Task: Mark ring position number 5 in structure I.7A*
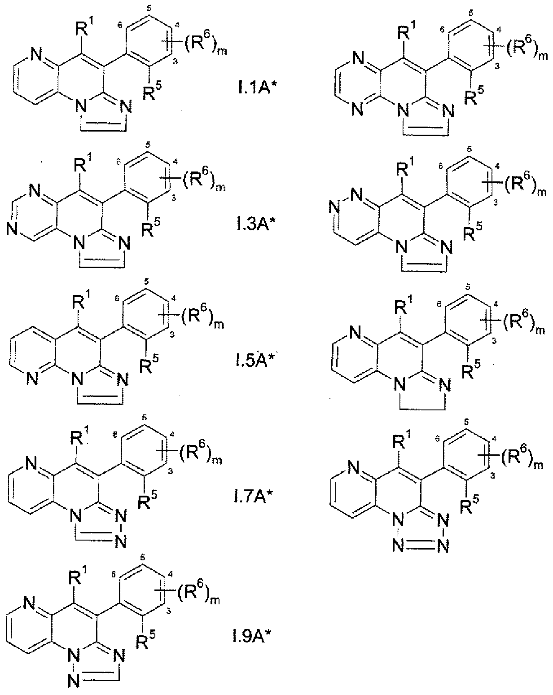tap(145, 418)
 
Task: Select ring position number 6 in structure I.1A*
tap(120, 25)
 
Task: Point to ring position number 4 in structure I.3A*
tap(176, 162)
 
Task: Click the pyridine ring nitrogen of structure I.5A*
tap(32, 378)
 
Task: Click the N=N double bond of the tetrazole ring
tap(421, 546)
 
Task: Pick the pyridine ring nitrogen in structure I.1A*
tap(36, 55)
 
